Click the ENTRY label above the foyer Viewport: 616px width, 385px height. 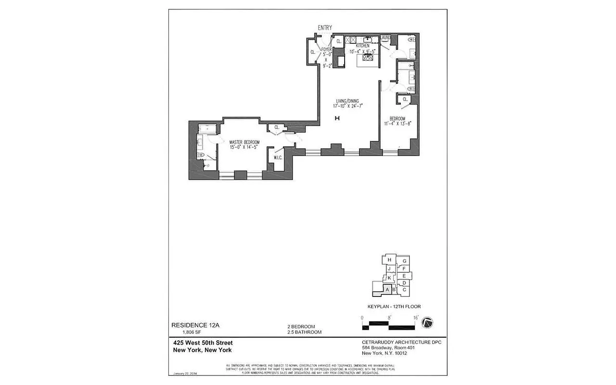click(x=324, y=28)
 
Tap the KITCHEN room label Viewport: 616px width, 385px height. click(x=362, y=46)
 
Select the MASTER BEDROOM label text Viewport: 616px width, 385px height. click(x=244, y=142)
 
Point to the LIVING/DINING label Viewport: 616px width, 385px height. click(x=348, y=102)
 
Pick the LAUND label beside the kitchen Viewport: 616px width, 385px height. click(x=385, y=37)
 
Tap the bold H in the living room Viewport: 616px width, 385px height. click(x=337, y=118)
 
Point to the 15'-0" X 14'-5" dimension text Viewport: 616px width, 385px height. click(x=244, y=148)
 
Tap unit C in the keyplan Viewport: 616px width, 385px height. click(x=405, y=289)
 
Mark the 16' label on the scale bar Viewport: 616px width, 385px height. click(x=415, y=317)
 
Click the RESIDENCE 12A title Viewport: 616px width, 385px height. click(x=195, y=325)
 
